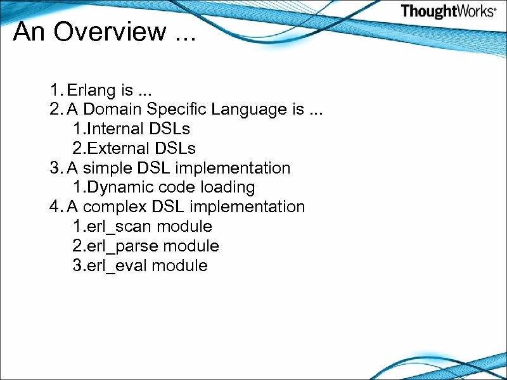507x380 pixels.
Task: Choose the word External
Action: click(117, 148)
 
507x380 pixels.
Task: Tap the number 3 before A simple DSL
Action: click(54, 168)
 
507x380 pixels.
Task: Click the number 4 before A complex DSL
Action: click(54, 206)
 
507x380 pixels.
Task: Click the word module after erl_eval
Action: click(180, 265)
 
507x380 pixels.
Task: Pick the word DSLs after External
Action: click(172, 148)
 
